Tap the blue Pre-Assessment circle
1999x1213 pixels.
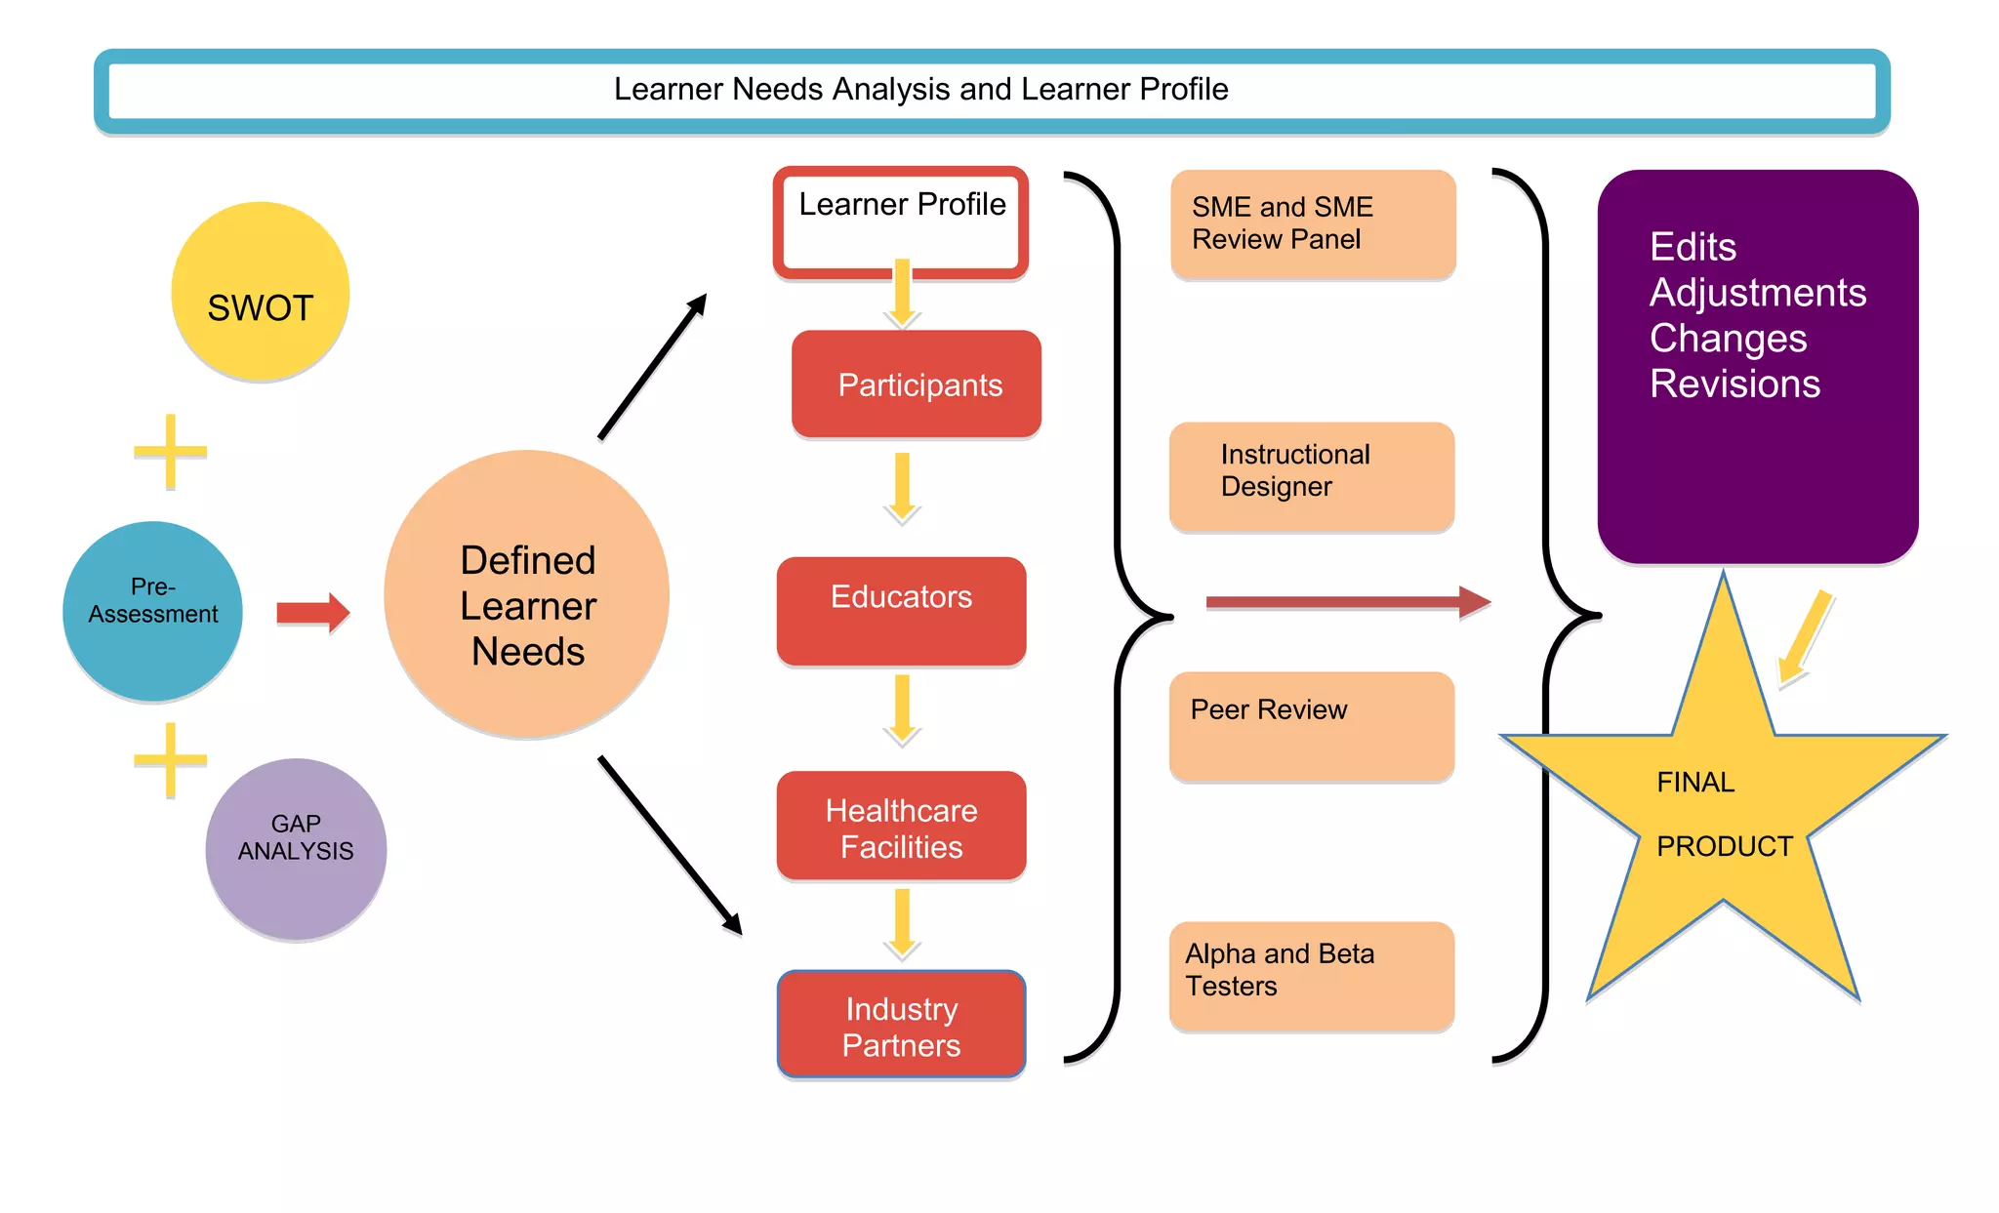(152, 611)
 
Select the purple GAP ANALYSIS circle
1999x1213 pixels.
(296, 848)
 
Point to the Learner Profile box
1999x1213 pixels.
(901, 222)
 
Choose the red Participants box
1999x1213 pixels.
(917, 384)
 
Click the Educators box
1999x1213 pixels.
(901, 611)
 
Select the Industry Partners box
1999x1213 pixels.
(901, 1025)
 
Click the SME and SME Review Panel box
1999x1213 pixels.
(1312, 224)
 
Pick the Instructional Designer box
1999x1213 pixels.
(1312, 476)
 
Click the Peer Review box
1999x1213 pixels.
(1312, 726)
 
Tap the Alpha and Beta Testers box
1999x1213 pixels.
(1312, 976)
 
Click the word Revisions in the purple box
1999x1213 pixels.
(1734, 384)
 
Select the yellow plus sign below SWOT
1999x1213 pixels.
(171, 451)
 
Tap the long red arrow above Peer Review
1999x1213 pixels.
(1347, 602)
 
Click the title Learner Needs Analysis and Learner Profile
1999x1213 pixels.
(920, 90)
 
